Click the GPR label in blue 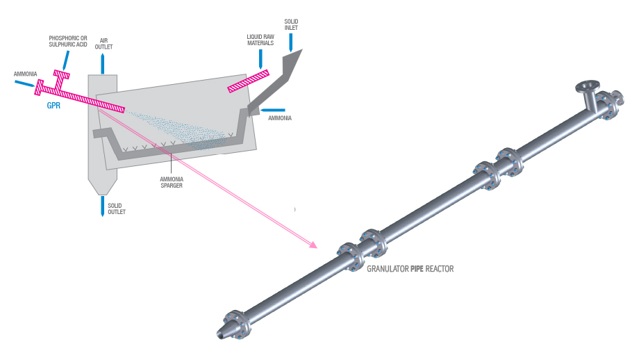tap(53, 106)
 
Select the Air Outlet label tap(103, 44)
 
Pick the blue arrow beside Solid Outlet tap(102, 206)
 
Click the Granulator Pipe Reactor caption tap(410, 268)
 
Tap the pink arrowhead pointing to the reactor tap(313, 245)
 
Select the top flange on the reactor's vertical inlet tap(586, 87)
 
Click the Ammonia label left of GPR tap(26, 73)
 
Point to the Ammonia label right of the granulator tap(281, 118)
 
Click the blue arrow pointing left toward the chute tap(274, 109)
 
